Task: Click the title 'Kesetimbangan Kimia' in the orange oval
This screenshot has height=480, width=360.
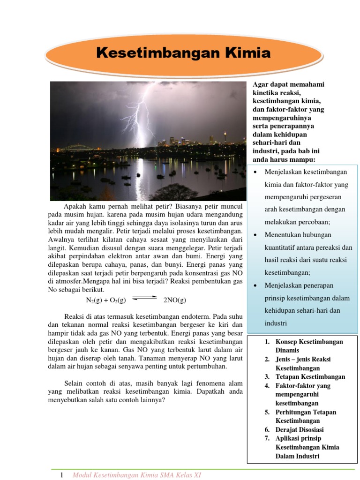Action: (x=183, y=53)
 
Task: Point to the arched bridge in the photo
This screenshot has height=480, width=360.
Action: (x=73, y=148)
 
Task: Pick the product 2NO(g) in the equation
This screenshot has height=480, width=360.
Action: (x=174, y=300)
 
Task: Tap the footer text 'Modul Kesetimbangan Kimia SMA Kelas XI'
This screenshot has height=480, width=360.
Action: (x=137, y=475)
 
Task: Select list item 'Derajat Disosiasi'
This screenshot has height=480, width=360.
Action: (x=300, y=429)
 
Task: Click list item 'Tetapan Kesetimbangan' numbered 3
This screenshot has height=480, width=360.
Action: (x=310, y=377)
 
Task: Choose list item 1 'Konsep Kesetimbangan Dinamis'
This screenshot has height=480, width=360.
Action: (x=309, y=346)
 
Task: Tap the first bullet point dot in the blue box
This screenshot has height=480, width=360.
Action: (x=255, y=172)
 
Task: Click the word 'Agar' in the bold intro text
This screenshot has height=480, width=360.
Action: (x=260, y=84)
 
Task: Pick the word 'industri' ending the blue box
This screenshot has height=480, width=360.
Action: (x=276, y=323)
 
